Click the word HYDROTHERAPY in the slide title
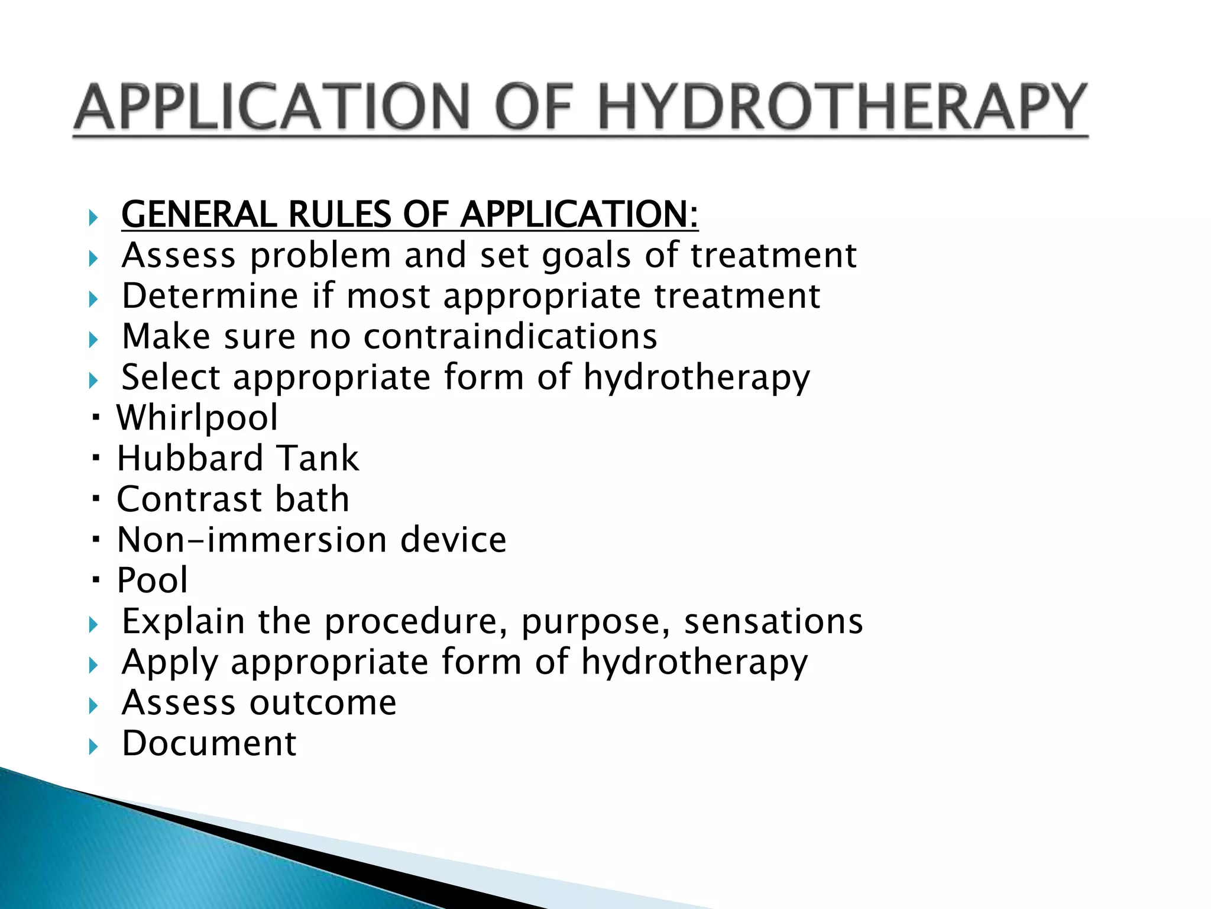[842, 108]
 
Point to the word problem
[320, 256]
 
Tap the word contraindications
[510, 337]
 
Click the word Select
[171, 377]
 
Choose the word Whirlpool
[197, 418]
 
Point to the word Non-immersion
[251, 540]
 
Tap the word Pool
[152, 580]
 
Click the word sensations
[773, 621]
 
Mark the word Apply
[170, 662]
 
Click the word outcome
[323, 702]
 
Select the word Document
[209, 743]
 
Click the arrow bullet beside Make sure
[93, 340]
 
